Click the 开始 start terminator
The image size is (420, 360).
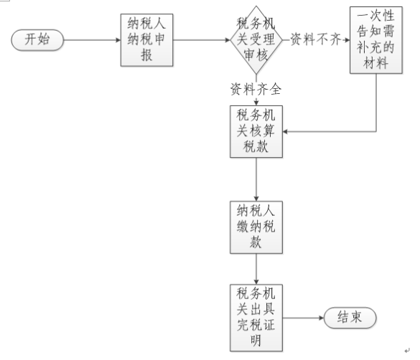coord(37,40)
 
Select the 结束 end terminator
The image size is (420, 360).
coord(350,318)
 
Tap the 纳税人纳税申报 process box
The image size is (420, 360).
coord(146,40)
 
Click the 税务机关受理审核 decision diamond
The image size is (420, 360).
coord(256,40)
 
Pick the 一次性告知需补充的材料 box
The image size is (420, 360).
coord(375,40)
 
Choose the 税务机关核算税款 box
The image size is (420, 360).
coord(256,131)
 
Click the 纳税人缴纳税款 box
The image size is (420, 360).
coord(256,227)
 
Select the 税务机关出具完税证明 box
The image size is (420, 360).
coord(256,318)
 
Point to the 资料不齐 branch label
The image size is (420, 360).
coord(316,39)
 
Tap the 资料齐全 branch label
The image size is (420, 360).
coord(256,89)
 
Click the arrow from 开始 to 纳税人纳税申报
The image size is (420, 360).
coord(92,40)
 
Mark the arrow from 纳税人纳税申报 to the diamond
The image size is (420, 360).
coord(202,40)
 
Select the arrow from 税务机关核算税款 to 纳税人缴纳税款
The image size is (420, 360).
coord(256,179)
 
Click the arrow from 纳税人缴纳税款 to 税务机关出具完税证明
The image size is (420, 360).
coord(256,269)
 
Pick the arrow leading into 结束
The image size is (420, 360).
coord(303,318)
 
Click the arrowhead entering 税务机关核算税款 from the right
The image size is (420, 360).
coord(285,131)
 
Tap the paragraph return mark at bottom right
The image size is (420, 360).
coord(407,351)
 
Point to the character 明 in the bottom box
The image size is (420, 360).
coord(256,341)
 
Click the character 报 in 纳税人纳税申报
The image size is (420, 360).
coord(146,55)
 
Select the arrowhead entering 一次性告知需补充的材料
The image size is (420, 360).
coord(347,40)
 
